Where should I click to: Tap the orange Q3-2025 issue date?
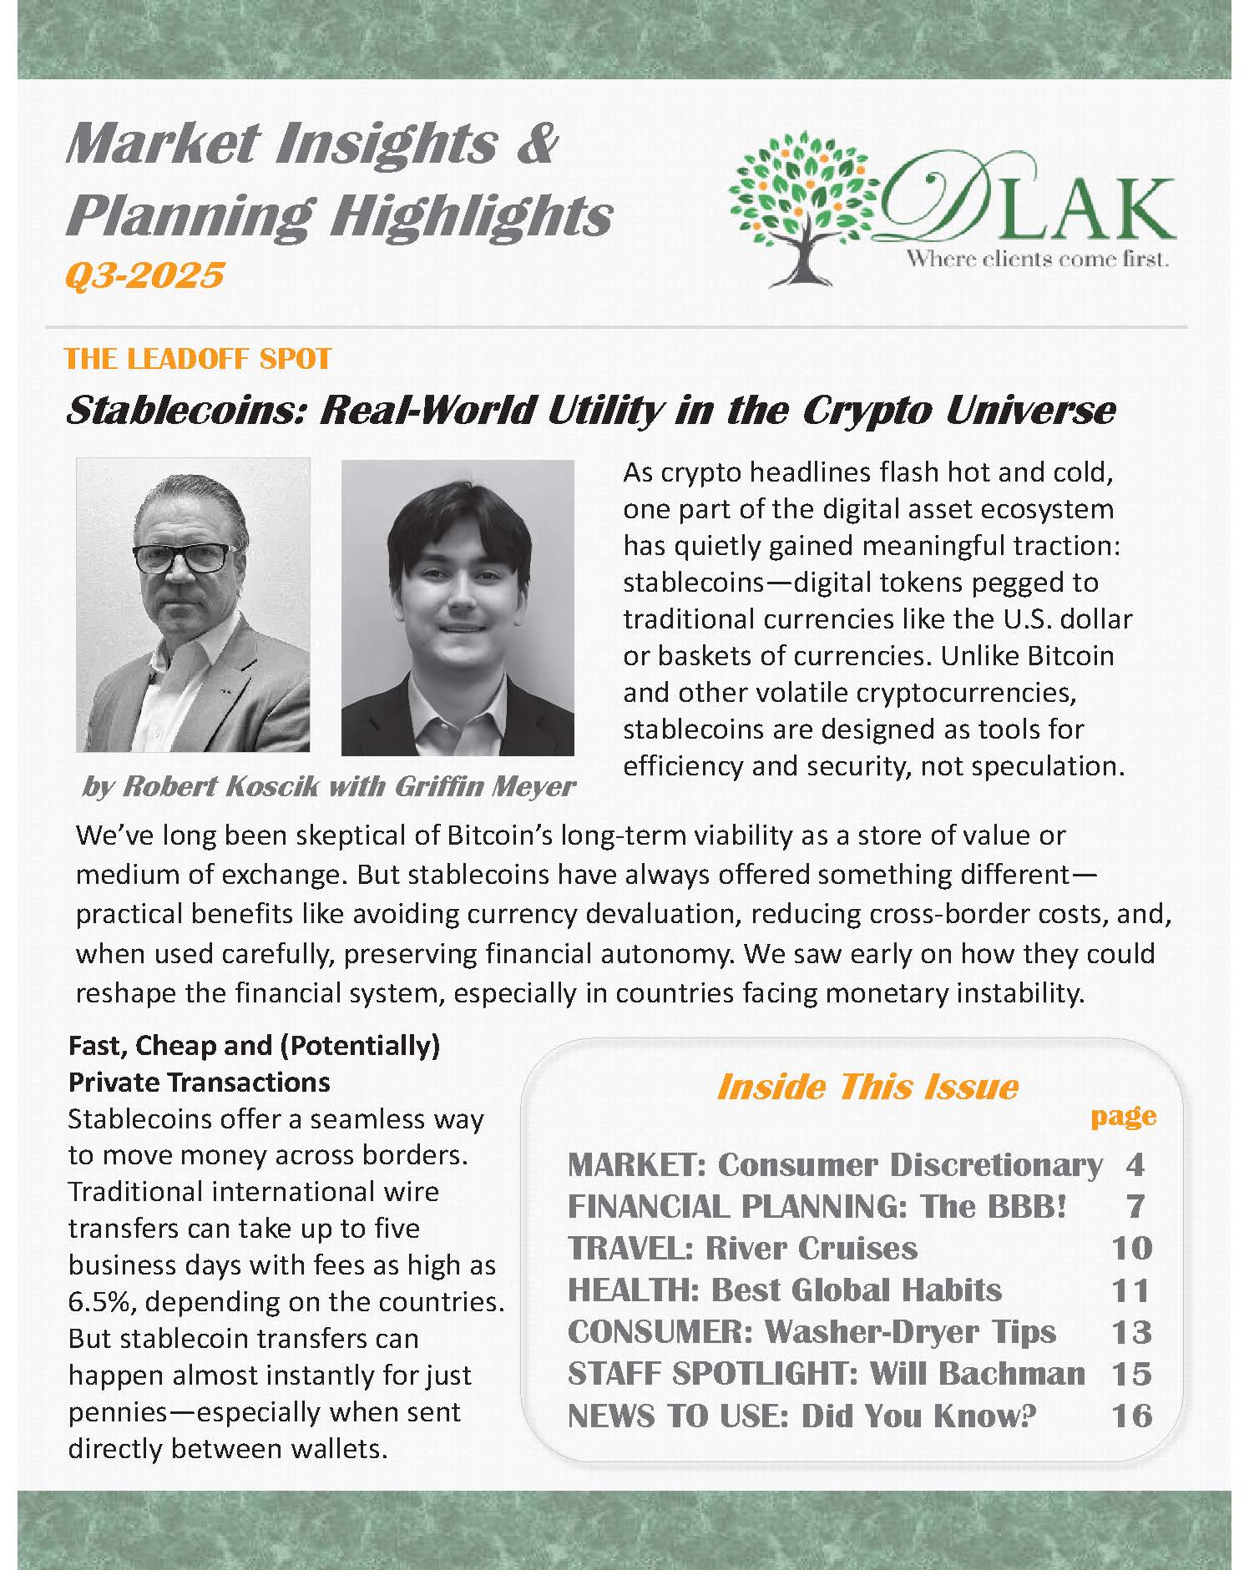coord(144,274)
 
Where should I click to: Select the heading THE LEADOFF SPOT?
coord(198,359)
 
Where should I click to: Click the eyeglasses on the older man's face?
coord(185,558)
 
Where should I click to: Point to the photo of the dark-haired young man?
coord(458,608)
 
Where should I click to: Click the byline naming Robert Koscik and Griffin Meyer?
coord(328,785)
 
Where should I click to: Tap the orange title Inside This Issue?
coord(867,1087)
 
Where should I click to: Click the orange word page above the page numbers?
coord(1123,1116)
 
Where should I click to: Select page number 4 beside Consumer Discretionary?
coord(1134,1164)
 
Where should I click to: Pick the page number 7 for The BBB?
coord(1134,1206)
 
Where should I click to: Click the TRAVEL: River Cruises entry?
coord(742,1248)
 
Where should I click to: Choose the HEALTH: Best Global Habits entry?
coord(784,1290)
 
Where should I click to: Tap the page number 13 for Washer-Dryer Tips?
coord(1131,1332)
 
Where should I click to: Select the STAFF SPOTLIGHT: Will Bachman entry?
coord(826,1373)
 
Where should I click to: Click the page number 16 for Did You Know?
coord(1131,1416)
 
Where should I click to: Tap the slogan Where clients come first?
coord(1038,260)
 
